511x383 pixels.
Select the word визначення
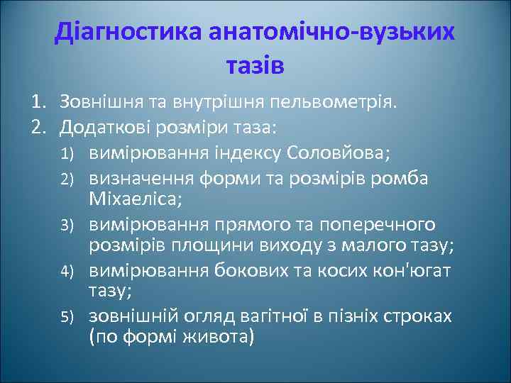click(x=144, y=177)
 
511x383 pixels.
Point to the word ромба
click(x=404, y=177)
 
